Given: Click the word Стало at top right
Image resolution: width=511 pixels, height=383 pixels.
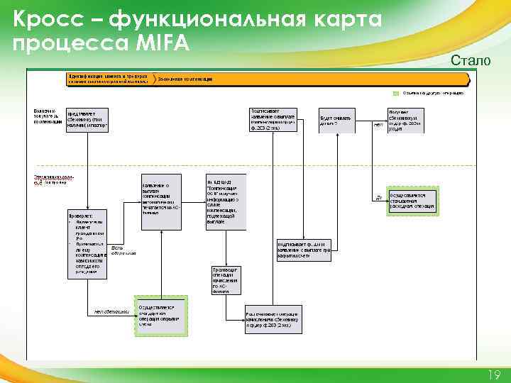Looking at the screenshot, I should (x=470, y=62).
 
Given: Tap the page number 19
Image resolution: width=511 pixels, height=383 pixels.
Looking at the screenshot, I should (x=494, y=374).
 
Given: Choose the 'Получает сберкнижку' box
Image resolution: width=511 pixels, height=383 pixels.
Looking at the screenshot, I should (x=405, y=121).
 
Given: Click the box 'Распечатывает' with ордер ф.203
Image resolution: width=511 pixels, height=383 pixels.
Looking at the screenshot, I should (x=273, y=319).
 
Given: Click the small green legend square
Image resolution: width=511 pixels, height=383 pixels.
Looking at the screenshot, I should (x=396, y=93).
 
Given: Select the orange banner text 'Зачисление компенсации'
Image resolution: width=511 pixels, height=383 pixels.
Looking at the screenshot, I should (x=187, y=78).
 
